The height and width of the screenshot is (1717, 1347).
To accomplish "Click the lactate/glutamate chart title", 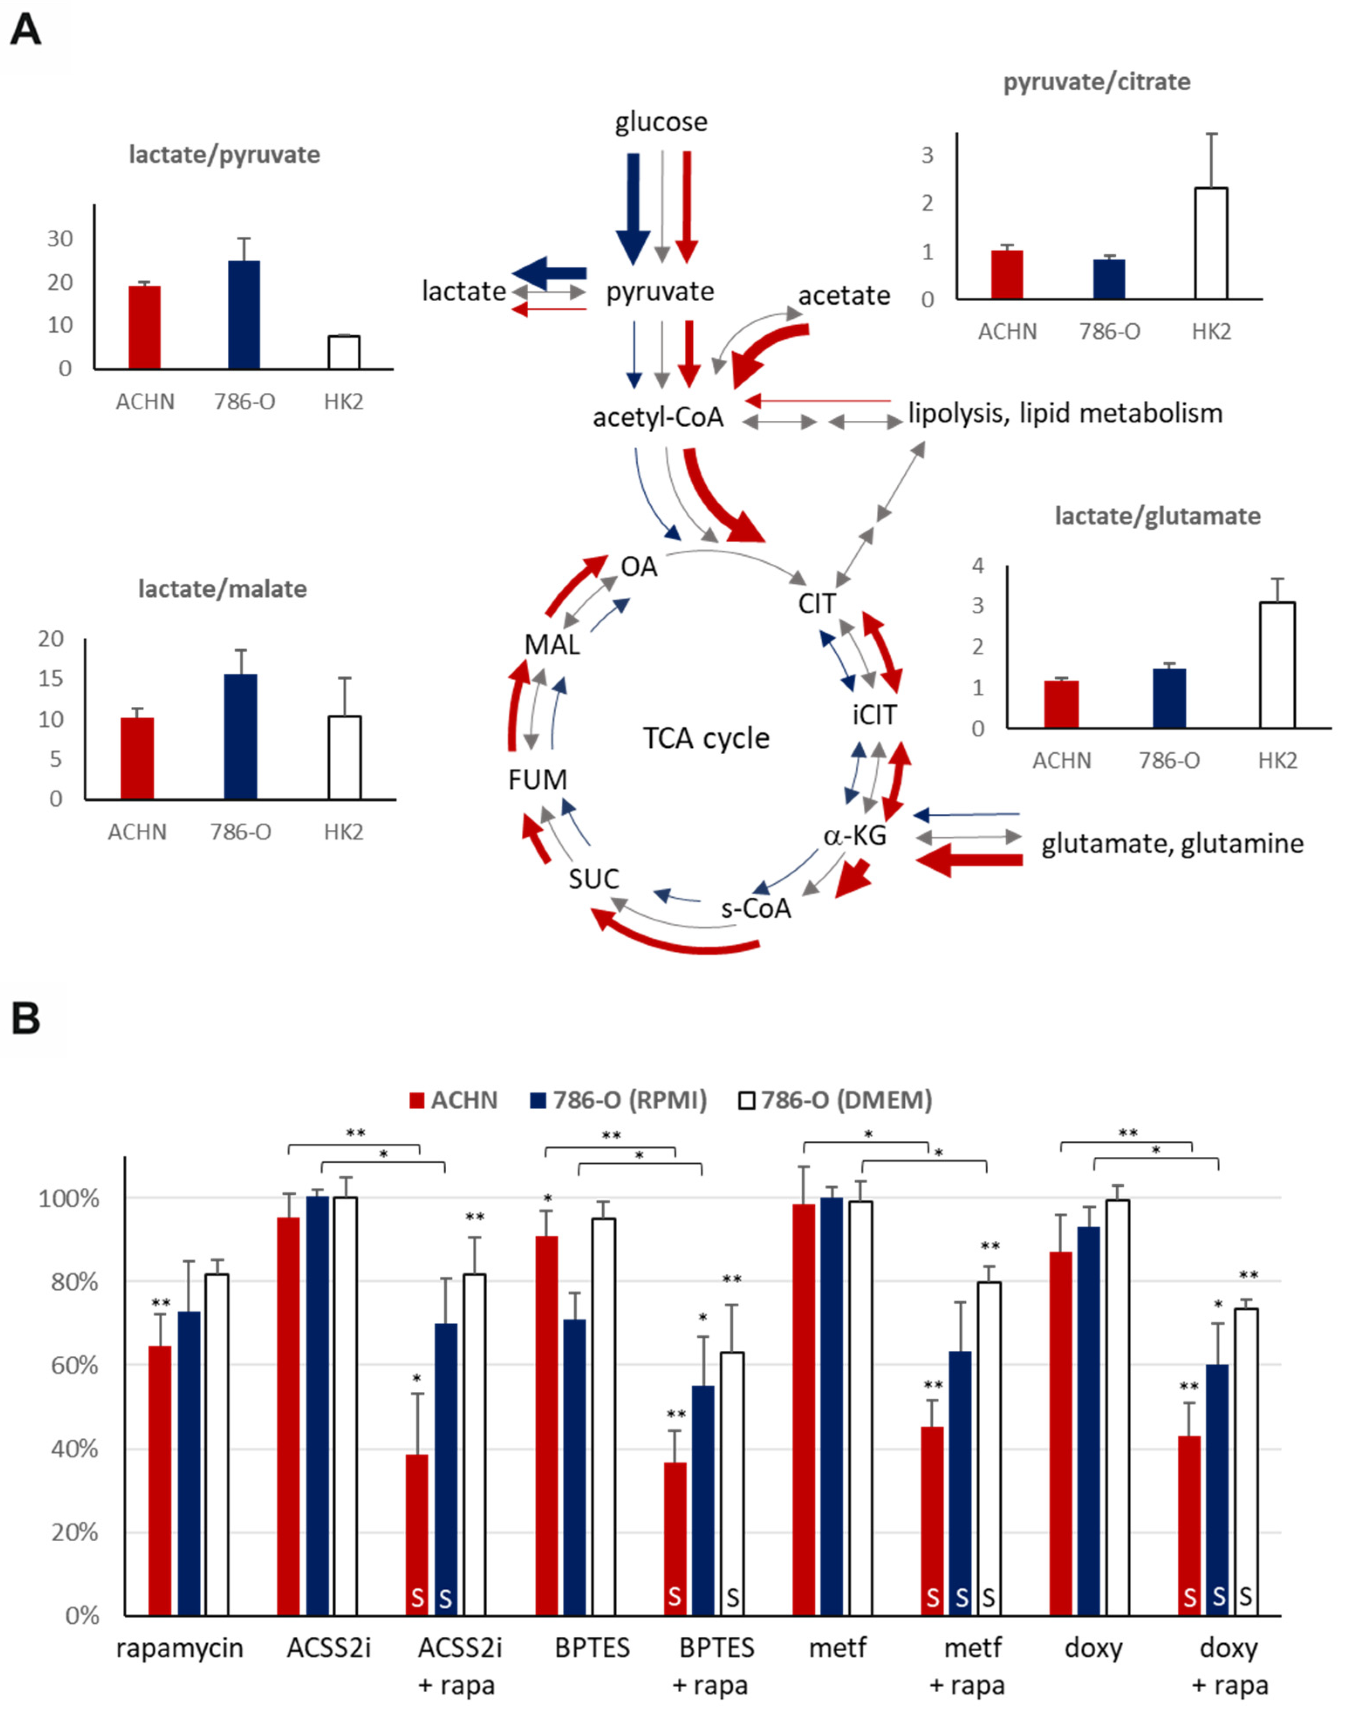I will coord(1157,516).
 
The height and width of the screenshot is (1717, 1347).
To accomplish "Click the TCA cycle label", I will coord(706,739).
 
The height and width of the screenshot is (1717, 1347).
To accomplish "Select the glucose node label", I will coord(661,122).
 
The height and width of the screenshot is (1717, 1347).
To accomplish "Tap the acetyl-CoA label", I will coord(658,417).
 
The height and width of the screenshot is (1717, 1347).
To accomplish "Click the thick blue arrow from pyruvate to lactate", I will coord(550,273).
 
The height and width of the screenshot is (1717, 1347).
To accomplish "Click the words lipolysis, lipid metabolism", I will coord(1065,413).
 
